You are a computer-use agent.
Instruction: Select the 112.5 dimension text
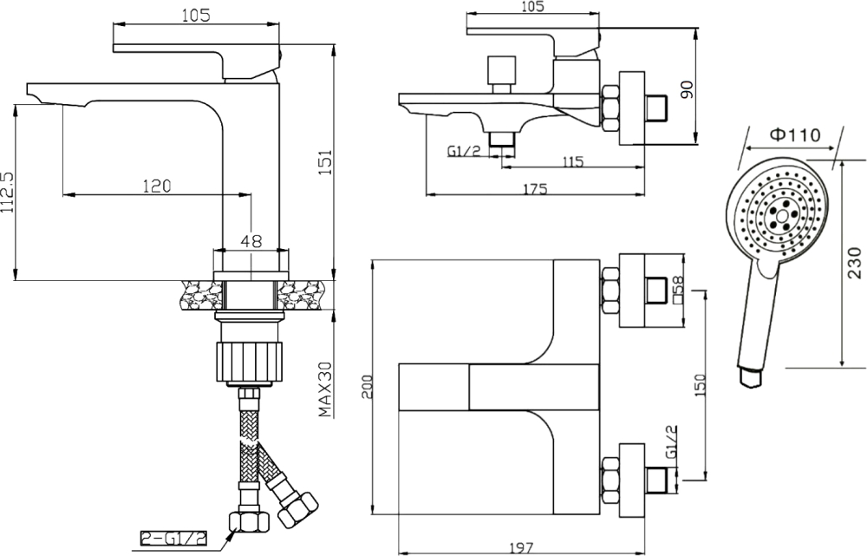7,192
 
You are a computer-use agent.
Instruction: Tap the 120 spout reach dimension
156,186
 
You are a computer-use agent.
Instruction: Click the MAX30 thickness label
325,389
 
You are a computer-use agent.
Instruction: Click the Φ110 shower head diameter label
795,134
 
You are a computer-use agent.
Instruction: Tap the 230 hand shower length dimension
854,263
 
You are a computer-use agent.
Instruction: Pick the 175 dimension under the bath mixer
535,188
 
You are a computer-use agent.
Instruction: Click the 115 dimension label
572,161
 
